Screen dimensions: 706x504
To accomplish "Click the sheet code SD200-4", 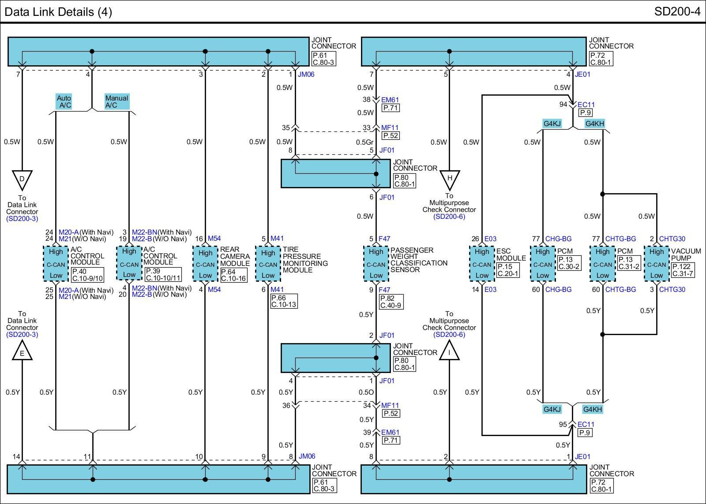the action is pyautogui.click(x=677, y=11).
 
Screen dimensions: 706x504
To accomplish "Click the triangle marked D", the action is pyautogui.click(x=22, y=179).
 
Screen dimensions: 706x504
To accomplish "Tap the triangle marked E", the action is pyautogui.click(x=22, y=351).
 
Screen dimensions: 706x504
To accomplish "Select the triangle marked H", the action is pyautogui.click(x=450, y=179).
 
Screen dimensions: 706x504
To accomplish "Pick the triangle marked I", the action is pyautogui.click(x=449, y=351).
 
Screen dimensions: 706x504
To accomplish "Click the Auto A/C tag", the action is pyautogui.click(x=64, y=101).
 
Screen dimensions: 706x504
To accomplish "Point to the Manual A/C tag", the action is pyautogui.click(x=116, y=101).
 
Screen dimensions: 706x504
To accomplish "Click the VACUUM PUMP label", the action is pyautogui.click(x=686, y=254).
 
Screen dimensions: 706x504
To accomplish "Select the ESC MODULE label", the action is pyautogui.click(x=511, y=254).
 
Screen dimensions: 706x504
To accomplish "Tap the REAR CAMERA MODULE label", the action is pyautogui.click(x=235, y=257).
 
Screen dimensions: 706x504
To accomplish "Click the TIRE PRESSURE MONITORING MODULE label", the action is pyautogui.click(x=305, y=260).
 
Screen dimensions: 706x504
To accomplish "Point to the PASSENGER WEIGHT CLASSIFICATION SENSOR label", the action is pyautogui.click(x=419, y=260).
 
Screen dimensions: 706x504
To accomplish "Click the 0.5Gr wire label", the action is pyautogui.click(x=364, y=142).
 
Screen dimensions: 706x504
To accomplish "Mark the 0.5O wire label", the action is pyautogui.click(x=366, y=392).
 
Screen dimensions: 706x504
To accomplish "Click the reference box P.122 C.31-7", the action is pyautogui.click(x=683, y=270).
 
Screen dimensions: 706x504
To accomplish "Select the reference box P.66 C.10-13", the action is pyautogui.click(x=284, y=301).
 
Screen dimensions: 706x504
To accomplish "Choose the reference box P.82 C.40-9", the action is pyautogui.click(x=391, y=302).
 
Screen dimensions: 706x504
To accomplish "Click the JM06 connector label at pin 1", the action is pyautogui.click(x=306, y=75).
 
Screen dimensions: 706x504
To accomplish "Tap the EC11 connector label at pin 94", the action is pyautogui.click(x=586, y=105).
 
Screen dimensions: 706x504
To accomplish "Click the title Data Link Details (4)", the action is pyautogui.click(x=58, y=12).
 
